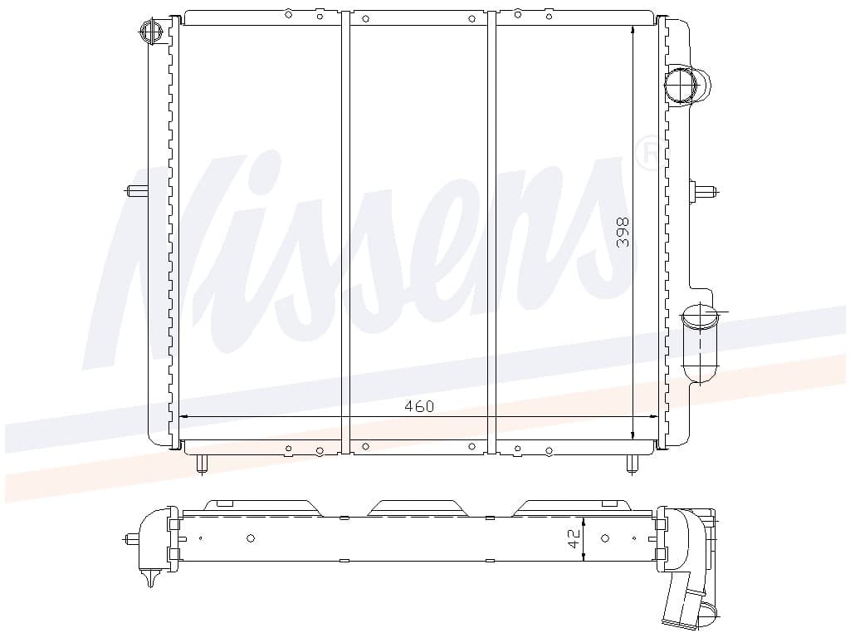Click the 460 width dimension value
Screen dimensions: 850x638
coord(419,405)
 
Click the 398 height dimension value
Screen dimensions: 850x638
coord(624,233)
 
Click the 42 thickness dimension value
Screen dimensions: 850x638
coord(574,538)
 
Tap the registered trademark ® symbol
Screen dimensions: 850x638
coord(647,154)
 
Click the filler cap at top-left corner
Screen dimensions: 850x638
coord(150,32)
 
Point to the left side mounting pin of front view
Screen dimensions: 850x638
coord(137,190)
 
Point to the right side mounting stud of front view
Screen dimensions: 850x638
coord(703,191)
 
